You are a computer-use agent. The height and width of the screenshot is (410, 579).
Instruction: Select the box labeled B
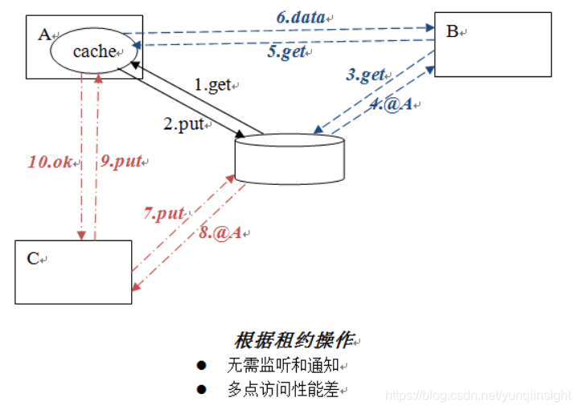pos(492,45)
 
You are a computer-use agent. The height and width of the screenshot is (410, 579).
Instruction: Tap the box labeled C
pos(73,273)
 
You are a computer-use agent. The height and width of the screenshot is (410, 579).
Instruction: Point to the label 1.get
pos(212,85)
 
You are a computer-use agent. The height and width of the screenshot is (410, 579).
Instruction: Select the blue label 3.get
pos(365,75)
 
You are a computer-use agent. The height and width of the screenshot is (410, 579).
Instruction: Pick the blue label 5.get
pos(286,53)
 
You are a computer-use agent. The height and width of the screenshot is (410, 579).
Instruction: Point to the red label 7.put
pos(164,213)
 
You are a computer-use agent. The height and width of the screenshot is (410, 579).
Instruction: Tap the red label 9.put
pos(121,161)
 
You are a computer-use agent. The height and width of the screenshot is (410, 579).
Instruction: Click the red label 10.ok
pos(51,161)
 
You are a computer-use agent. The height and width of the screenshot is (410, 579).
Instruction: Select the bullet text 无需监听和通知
pos(286,366)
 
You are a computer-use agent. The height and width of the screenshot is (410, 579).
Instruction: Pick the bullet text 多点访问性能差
pos(286,390)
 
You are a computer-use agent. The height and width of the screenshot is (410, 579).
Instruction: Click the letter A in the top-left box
pos(43,33)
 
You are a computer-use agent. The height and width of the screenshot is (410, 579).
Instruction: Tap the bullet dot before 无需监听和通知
pos(202,366)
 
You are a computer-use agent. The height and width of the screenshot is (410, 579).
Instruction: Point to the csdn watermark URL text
pos(478,396)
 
